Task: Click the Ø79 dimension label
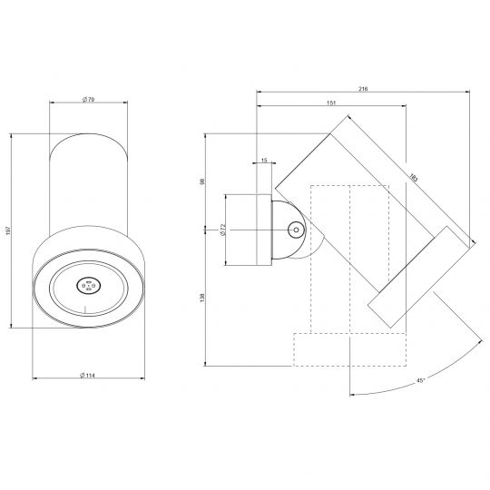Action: pos(88,100)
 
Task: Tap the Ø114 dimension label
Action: pos(87,376)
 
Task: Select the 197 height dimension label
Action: pos(8,231)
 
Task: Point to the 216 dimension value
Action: pos(363,89)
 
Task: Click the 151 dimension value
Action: pos(331,103)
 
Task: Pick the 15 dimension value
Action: pos(264,161)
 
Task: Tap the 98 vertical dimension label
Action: pos(201,181)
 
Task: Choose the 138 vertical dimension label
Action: pos(201,298)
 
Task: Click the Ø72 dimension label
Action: pos(223,230)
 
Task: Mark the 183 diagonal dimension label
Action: pos(413,178)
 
